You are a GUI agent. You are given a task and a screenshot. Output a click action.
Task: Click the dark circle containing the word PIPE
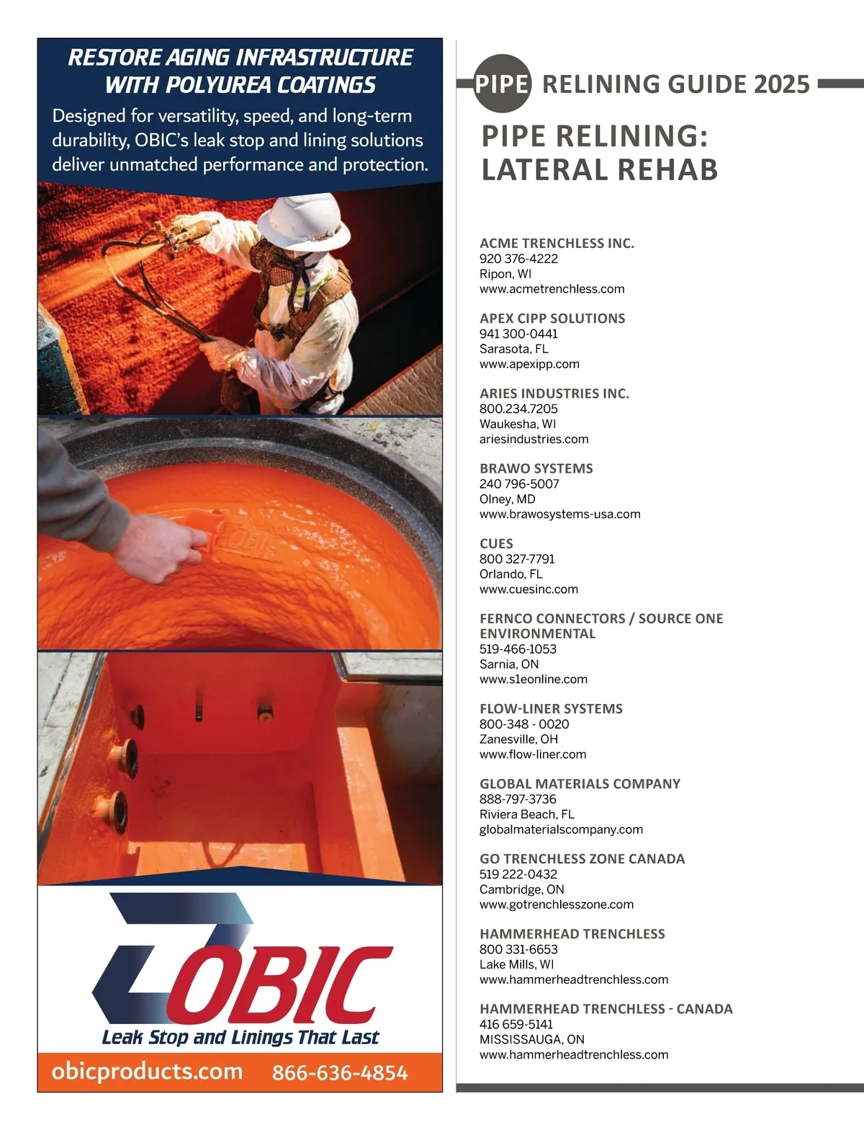(503, 84)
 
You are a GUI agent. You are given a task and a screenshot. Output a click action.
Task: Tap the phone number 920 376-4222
(518, 259)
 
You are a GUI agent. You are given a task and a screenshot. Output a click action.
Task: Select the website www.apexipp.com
(529, 364)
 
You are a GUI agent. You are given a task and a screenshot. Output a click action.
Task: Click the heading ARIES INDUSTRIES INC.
(554, 393)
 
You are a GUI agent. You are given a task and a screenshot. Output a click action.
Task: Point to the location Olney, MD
(507, 499)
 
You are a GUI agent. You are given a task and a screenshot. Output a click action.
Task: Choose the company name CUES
(496, 543)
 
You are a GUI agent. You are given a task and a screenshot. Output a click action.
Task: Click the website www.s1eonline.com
(533, 679)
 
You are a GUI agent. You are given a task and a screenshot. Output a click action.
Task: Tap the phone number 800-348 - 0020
(524, 724)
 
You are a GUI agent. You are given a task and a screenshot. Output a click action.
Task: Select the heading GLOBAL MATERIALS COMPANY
(580, 783)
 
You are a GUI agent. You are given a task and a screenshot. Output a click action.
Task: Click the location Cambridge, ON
(521, 889)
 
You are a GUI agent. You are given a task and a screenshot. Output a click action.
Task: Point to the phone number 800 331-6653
(518, 949)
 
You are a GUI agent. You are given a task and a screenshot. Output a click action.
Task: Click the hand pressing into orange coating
(174, 548)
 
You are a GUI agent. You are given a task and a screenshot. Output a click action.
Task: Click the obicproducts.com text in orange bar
(147, 1072)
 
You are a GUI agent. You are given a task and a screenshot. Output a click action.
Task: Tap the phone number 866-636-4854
(340, 1073)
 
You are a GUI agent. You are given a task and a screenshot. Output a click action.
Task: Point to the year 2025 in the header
(781, 84)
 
